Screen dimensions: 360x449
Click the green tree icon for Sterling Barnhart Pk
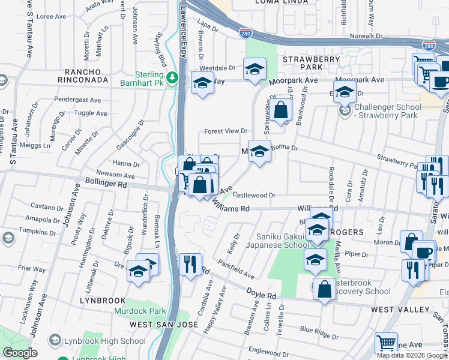pos(172,77)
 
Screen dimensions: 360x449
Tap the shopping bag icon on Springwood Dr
pos(280,110)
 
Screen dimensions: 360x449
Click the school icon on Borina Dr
pos(259,152)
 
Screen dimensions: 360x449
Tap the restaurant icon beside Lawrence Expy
pos(190,263)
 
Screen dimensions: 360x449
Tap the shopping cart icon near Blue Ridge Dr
pos(386,343)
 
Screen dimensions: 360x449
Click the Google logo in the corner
pos(20,353)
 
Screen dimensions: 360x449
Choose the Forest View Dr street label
pos(226,131)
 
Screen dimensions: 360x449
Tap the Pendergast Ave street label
pos(79,98)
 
